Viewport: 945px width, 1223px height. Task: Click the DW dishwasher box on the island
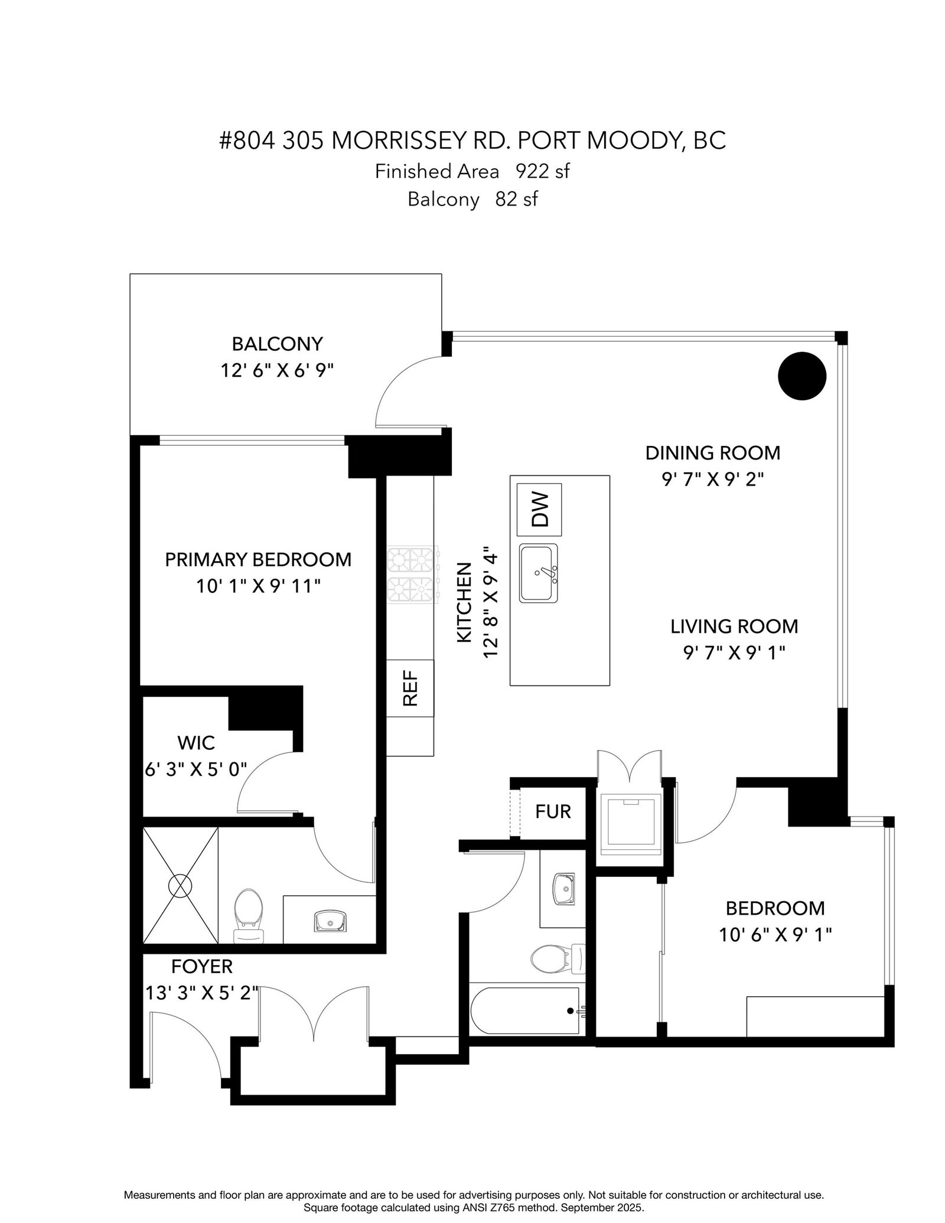pyautogui.click(x=539, y=509)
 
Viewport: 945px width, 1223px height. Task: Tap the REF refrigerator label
pyautogui.click(x=410, y=688)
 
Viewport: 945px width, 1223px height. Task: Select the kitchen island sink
pyautogui.click(x=538, y=573)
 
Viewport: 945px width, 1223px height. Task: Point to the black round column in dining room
pyautogui.click(x=801, y=376)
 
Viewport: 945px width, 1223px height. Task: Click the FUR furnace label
pyautogui.click(x=553, y=811)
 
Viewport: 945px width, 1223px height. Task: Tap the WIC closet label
pyautogui.click(x=196, y=742)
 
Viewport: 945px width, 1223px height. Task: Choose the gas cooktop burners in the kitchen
pyautogui.click(x=413, y=573)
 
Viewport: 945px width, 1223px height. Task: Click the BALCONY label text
pyautogui.click(x=277, y=344)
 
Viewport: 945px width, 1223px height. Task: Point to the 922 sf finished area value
pyautogui.click(x=543, y=171)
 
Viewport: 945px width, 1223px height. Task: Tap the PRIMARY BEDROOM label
pyautogui.click(x=258, y=559)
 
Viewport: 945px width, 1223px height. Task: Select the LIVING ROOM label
pyautogui.click(x=734, y=626)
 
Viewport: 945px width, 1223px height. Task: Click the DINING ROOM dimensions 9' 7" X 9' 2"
pyautogui.click(x=712, y=479)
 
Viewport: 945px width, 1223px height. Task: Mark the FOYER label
pyautogui.click(x=202, y=967)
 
